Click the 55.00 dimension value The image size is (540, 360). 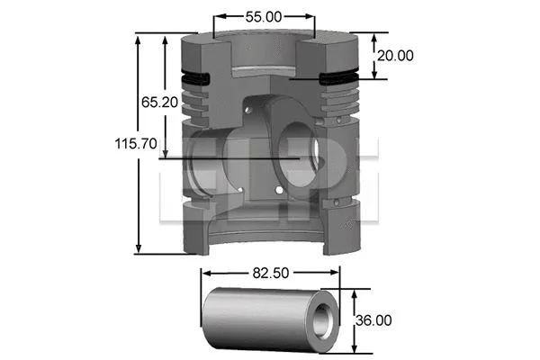[264, 15]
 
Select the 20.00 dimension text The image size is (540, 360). [395, 55]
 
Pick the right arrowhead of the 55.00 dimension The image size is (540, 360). [310, 15]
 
